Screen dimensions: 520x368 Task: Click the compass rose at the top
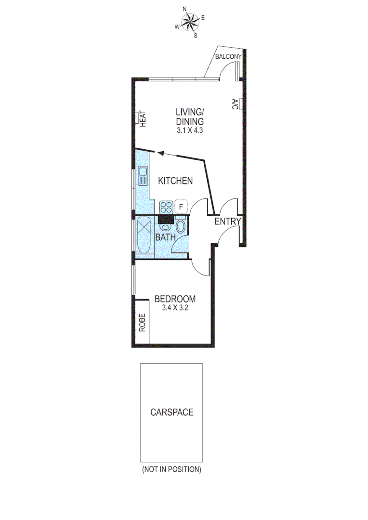point(190,22)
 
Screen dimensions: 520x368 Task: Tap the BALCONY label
point(228,57)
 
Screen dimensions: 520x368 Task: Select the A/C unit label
point(235,104)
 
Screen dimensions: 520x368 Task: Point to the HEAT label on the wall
point(143,118)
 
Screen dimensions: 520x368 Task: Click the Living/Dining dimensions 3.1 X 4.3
point(190,130)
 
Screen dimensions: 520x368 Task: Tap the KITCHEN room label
point(175,181)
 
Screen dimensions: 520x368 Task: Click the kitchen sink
point(143,176)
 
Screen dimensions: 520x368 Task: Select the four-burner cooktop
point(166,207)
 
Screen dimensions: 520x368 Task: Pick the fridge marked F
point(181,207)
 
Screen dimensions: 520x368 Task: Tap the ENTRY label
point(227,221)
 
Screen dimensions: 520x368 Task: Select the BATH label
point(165,237)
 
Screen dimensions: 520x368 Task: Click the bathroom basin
point(165,226)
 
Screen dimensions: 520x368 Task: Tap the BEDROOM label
point(175,299)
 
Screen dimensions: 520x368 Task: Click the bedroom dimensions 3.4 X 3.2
point(175,308)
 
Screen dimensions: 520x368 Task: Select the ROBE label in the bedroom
point(142,322)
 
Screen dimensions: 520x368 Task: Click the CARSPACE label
point(171,412)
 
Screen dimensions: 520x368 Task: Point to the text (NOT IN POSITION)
point(171,469)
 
